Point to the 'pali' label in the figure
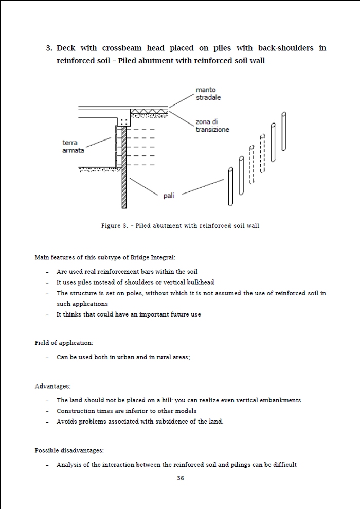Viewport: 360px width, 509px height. [169, 196]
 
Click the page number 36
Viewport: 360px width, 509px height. [181, 478]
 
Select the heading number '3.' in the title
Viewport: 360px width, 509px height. [49, 48]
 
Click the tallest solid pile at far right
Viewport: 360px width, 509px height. [283, 132]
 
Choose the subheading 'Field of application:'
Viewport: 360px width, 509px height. [64, 343]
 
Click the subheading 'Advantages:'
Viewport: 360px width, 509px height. [52, 386]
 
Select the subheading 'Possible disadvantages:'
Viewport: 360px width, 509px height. [69, 450]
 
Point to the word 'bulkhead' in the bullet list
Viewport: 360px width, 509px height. [201, 282]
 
